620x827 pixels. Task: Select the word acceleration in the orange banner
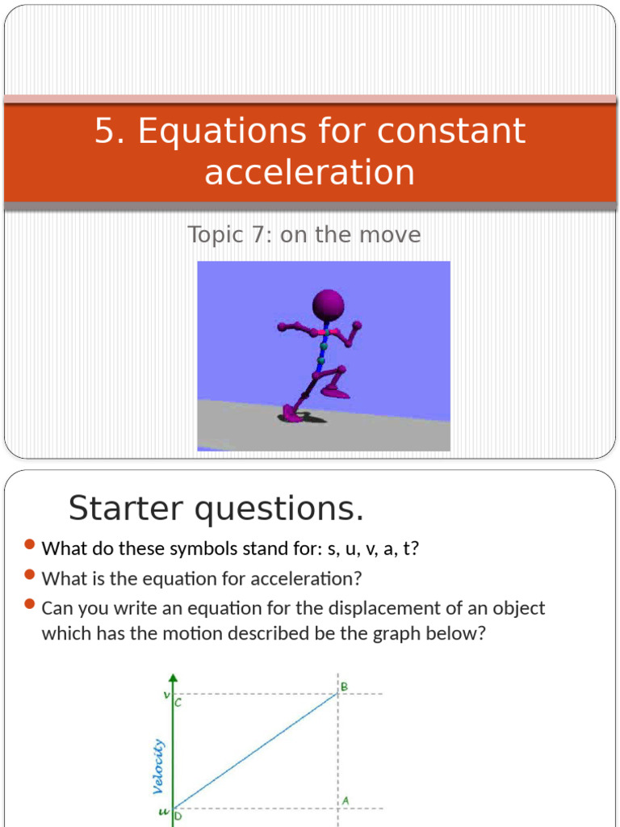(310, 172)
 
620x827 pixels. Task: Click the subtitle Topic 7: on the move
(304, 235)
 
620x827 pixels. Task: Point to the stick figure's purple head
(328, 304)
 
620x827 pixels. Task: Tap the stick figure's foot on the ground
(291, 417)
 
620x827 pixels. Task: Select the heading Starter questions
(216, 508)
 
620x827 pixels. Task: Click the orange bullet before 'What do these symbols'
(30, 547)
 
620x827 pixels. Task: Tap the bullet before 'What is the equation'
(30, 576)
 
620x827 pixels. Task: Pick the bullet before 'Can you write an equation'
(30, 605)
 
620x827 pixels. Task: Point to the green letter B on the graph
(343, 687)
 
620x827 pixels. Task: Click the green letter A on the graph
(345, 800)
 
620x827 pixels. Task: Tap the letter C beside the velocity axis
(178, 703)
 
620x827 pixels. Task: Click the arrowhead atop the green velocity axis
(173, 678)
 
